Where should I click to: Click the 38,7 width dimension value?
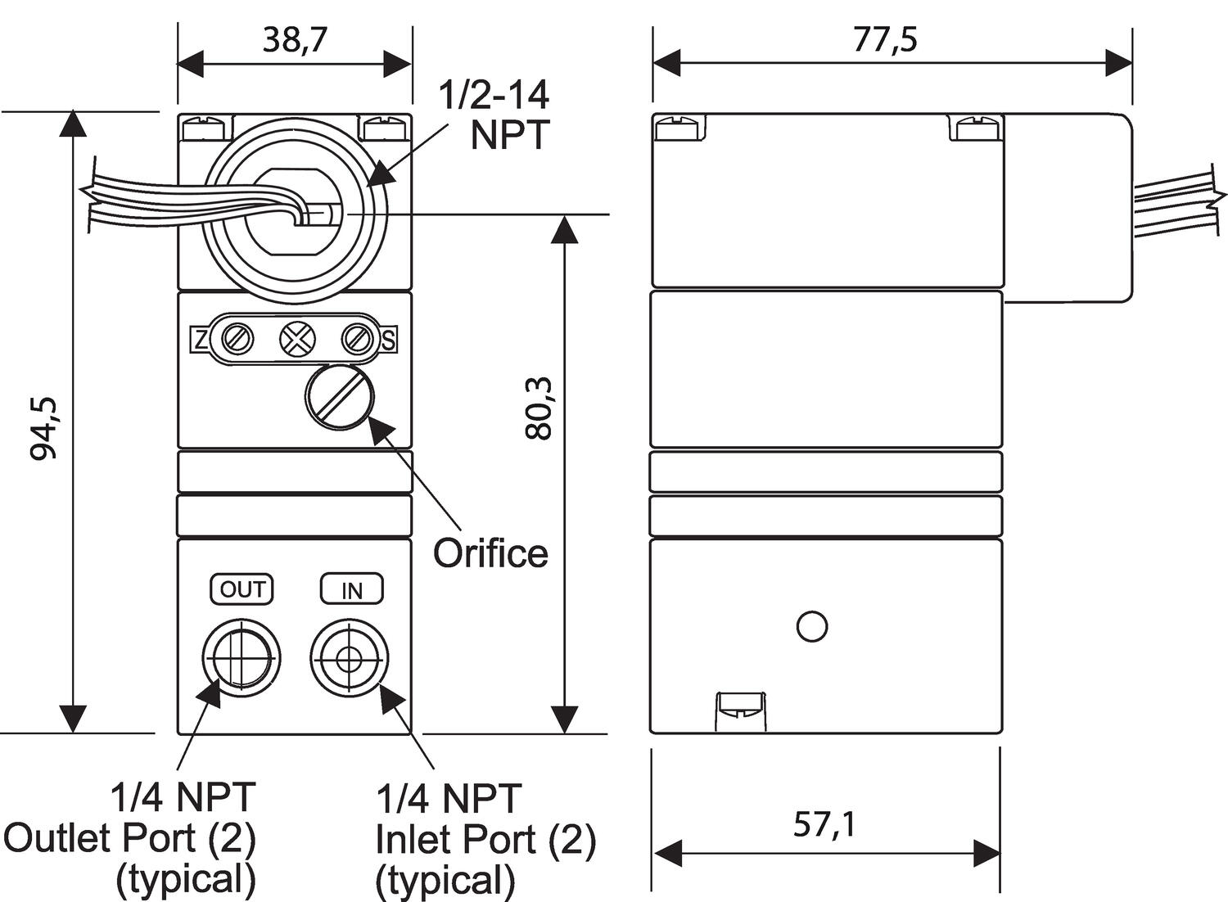coord(295,40)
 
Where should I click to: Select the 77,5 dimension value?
coord(886,39)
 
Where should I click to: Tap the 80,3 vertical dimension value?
coord(539,408)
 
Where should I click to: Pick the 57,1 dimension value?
coord(824,824)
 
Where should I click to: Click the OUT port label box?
coord(242,589)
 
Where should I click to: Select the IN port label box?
coord(351,589)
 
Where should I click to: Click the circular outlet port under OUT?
coord(242,656)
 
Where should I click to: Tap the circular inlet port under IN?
coord(349,657)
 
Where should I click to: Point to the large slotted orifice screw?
coord(340,397)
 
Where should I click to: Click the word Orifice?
coord(490,553)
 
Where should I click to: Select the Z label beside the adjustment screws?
coord(199,339)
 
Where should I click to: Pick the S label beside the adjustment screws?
coord(389,339)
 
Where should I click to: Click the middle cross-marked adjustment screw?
coord(297,338)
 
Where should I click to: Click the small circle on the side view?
coord(811,626)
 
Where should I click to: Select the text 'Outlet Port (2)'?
coord(129,838)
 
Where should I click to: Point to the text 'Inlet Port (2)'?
coord(485,839)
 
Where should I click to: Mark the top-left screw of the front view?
coord(204,129)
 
